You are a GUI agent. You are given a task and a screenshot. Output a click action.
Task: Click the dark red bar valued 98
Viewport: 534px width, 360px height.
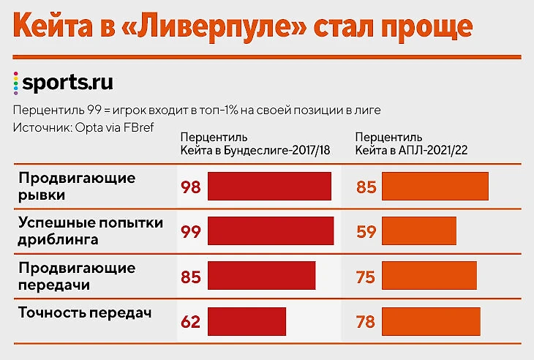pyautogui.click(x=269, y=187)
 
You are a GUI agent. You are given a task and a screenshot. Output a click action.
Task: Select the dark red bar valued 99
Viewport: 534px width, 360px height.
pyautogui.click(x=270, y=231)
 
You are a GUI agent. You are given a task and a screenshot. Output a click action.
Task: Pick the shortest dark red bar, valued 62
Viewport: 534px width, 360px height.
pyautogui.click(x=247, y=321)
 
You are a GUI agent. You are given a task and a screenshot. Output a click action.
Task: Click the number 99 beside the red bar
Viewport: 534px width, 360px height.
pyautogui.click(x=190, y=232)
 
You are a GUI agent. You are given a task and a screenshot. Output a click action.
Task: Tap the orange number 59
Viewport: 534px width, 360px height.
pyautogui.click(x=366, y=232)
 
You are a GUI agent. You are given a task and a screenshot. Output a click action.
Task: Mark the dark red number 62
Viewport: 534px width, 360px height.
pyautogui.click(x=190, y=321)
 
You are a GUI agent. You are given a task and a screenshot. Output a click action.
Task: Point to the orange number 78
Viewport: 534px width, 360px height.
pyautogui.click(x=366, y=321)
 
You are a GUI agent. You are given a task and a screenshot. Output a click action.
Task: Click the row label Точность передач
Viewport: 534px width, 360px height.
pyautogui.click(x=85, y=313)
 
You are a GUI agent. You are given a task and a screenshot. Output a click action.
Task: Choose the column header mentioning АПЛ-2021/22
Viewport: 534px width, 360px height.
pyautogui.click(x=411, y=144)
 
